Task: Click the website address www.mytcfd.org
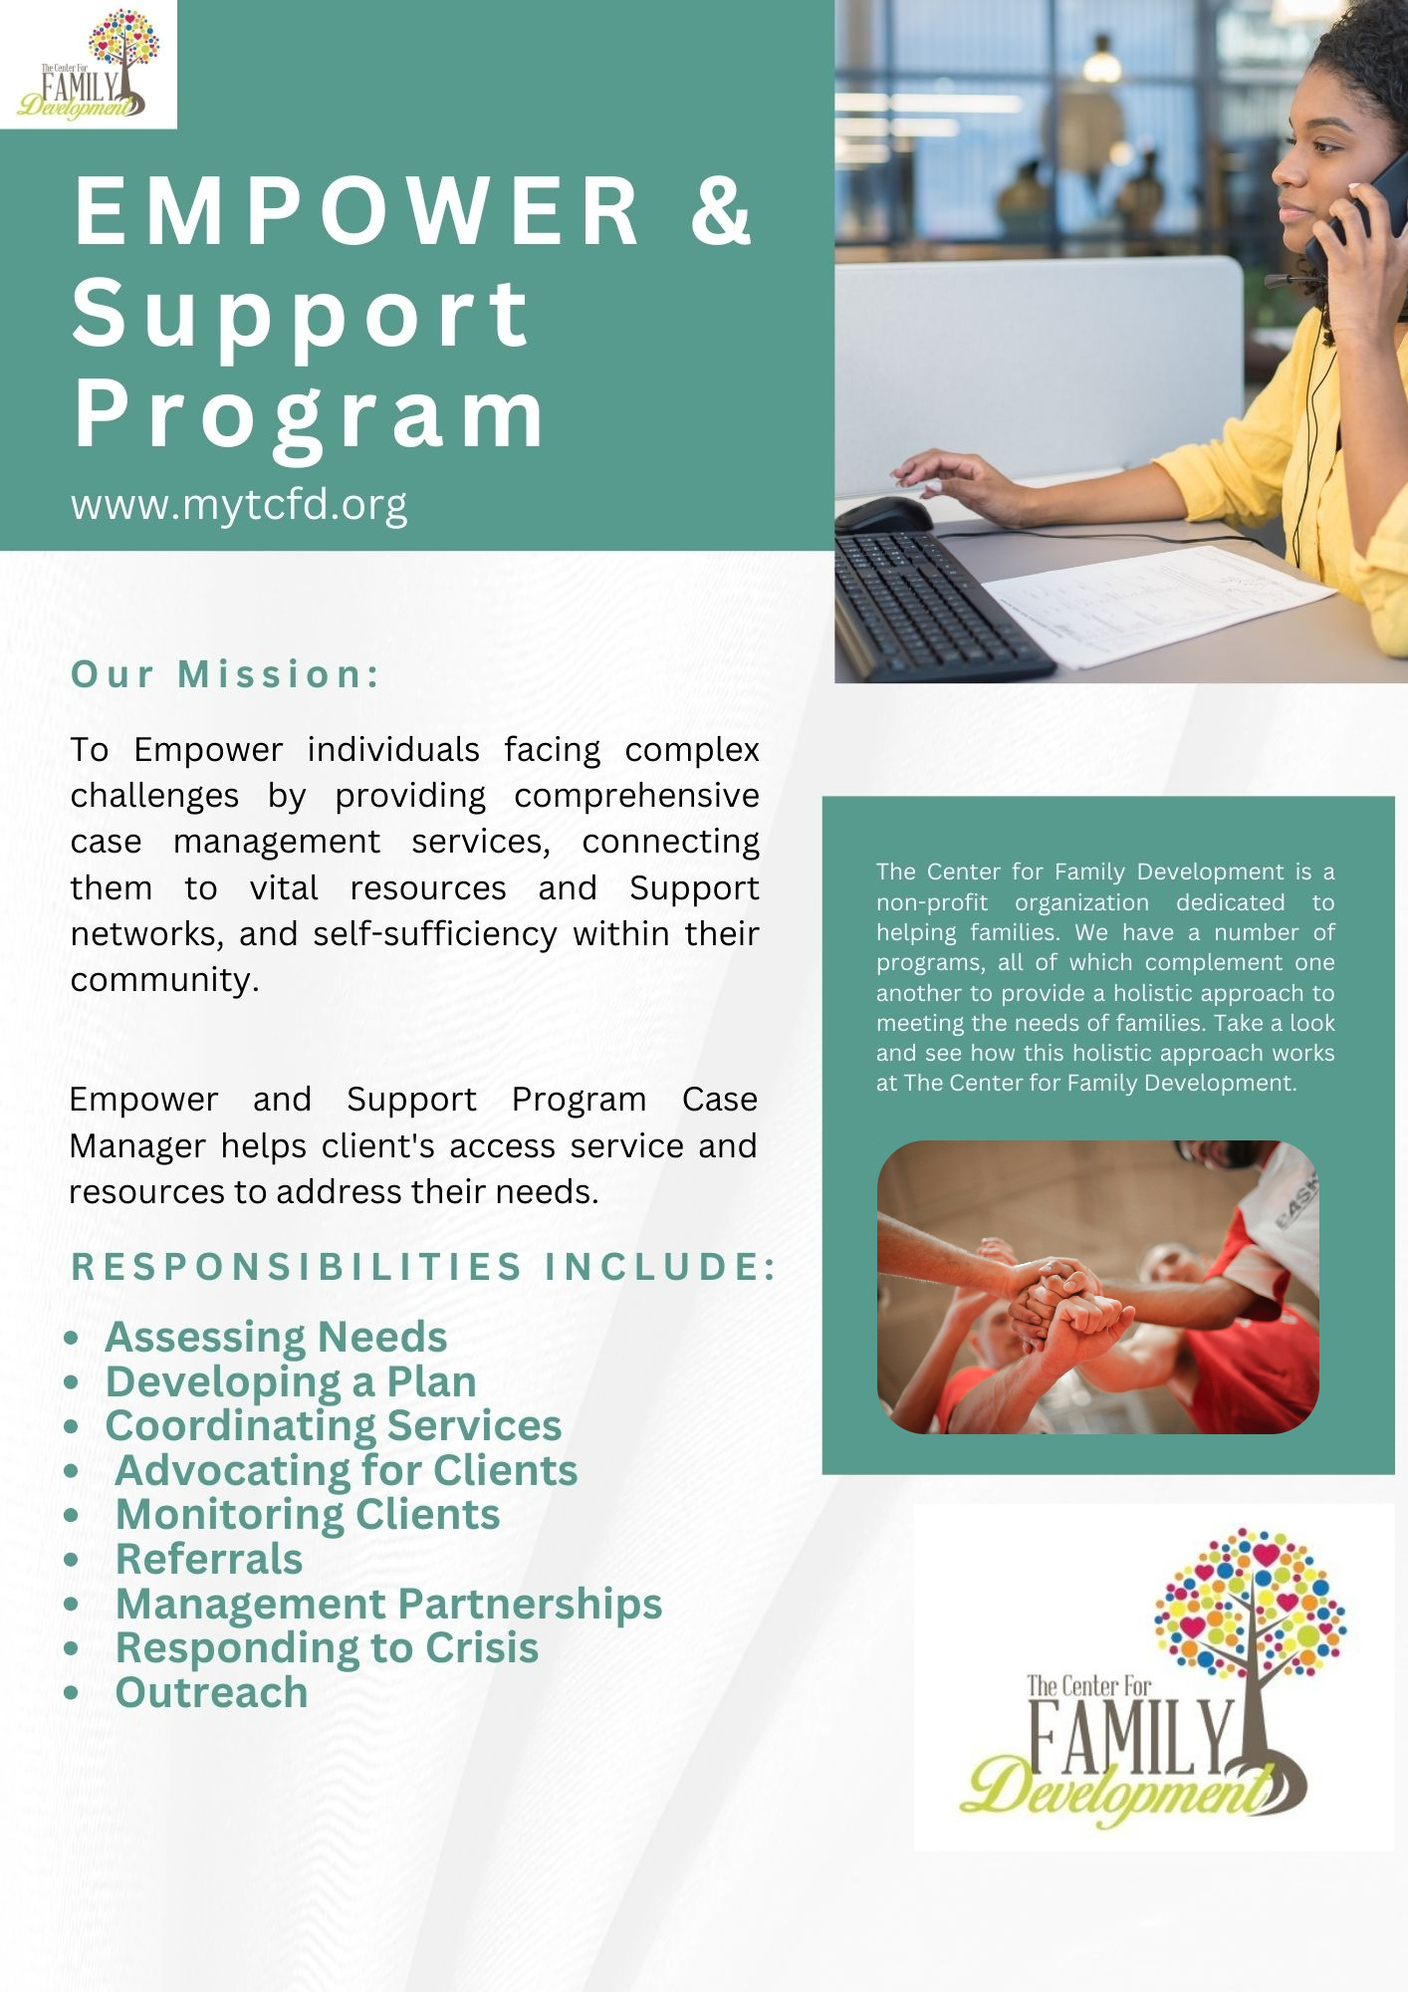point(239,505)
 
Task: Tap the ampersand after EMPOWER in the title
point(721,209)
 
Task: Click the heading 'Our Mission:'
point(226,674)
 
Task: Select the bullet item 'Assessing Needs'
point(276,1337)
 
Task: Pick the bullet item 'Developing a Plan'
point(291,1381)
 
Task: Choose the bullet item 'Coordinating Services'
point(334,1425)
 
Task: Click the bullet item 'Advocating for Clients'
point(347,1470)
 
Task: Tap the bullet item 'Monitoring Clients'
point(308,1514)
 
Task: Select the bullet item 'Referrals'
point(209,1559)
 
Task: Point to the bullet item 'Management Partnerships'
point(388,1604)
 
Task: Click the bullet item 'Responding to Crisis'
point(327,1647)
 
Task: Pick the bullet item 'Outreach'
point(211,1692)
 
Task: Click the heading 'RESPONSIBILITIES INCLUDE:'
point(423,1267)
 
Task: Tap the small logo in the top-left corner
point(89,65)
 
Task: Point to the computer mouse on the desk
point(884,515)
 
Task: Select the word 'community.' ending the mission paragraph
point(164,980)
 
